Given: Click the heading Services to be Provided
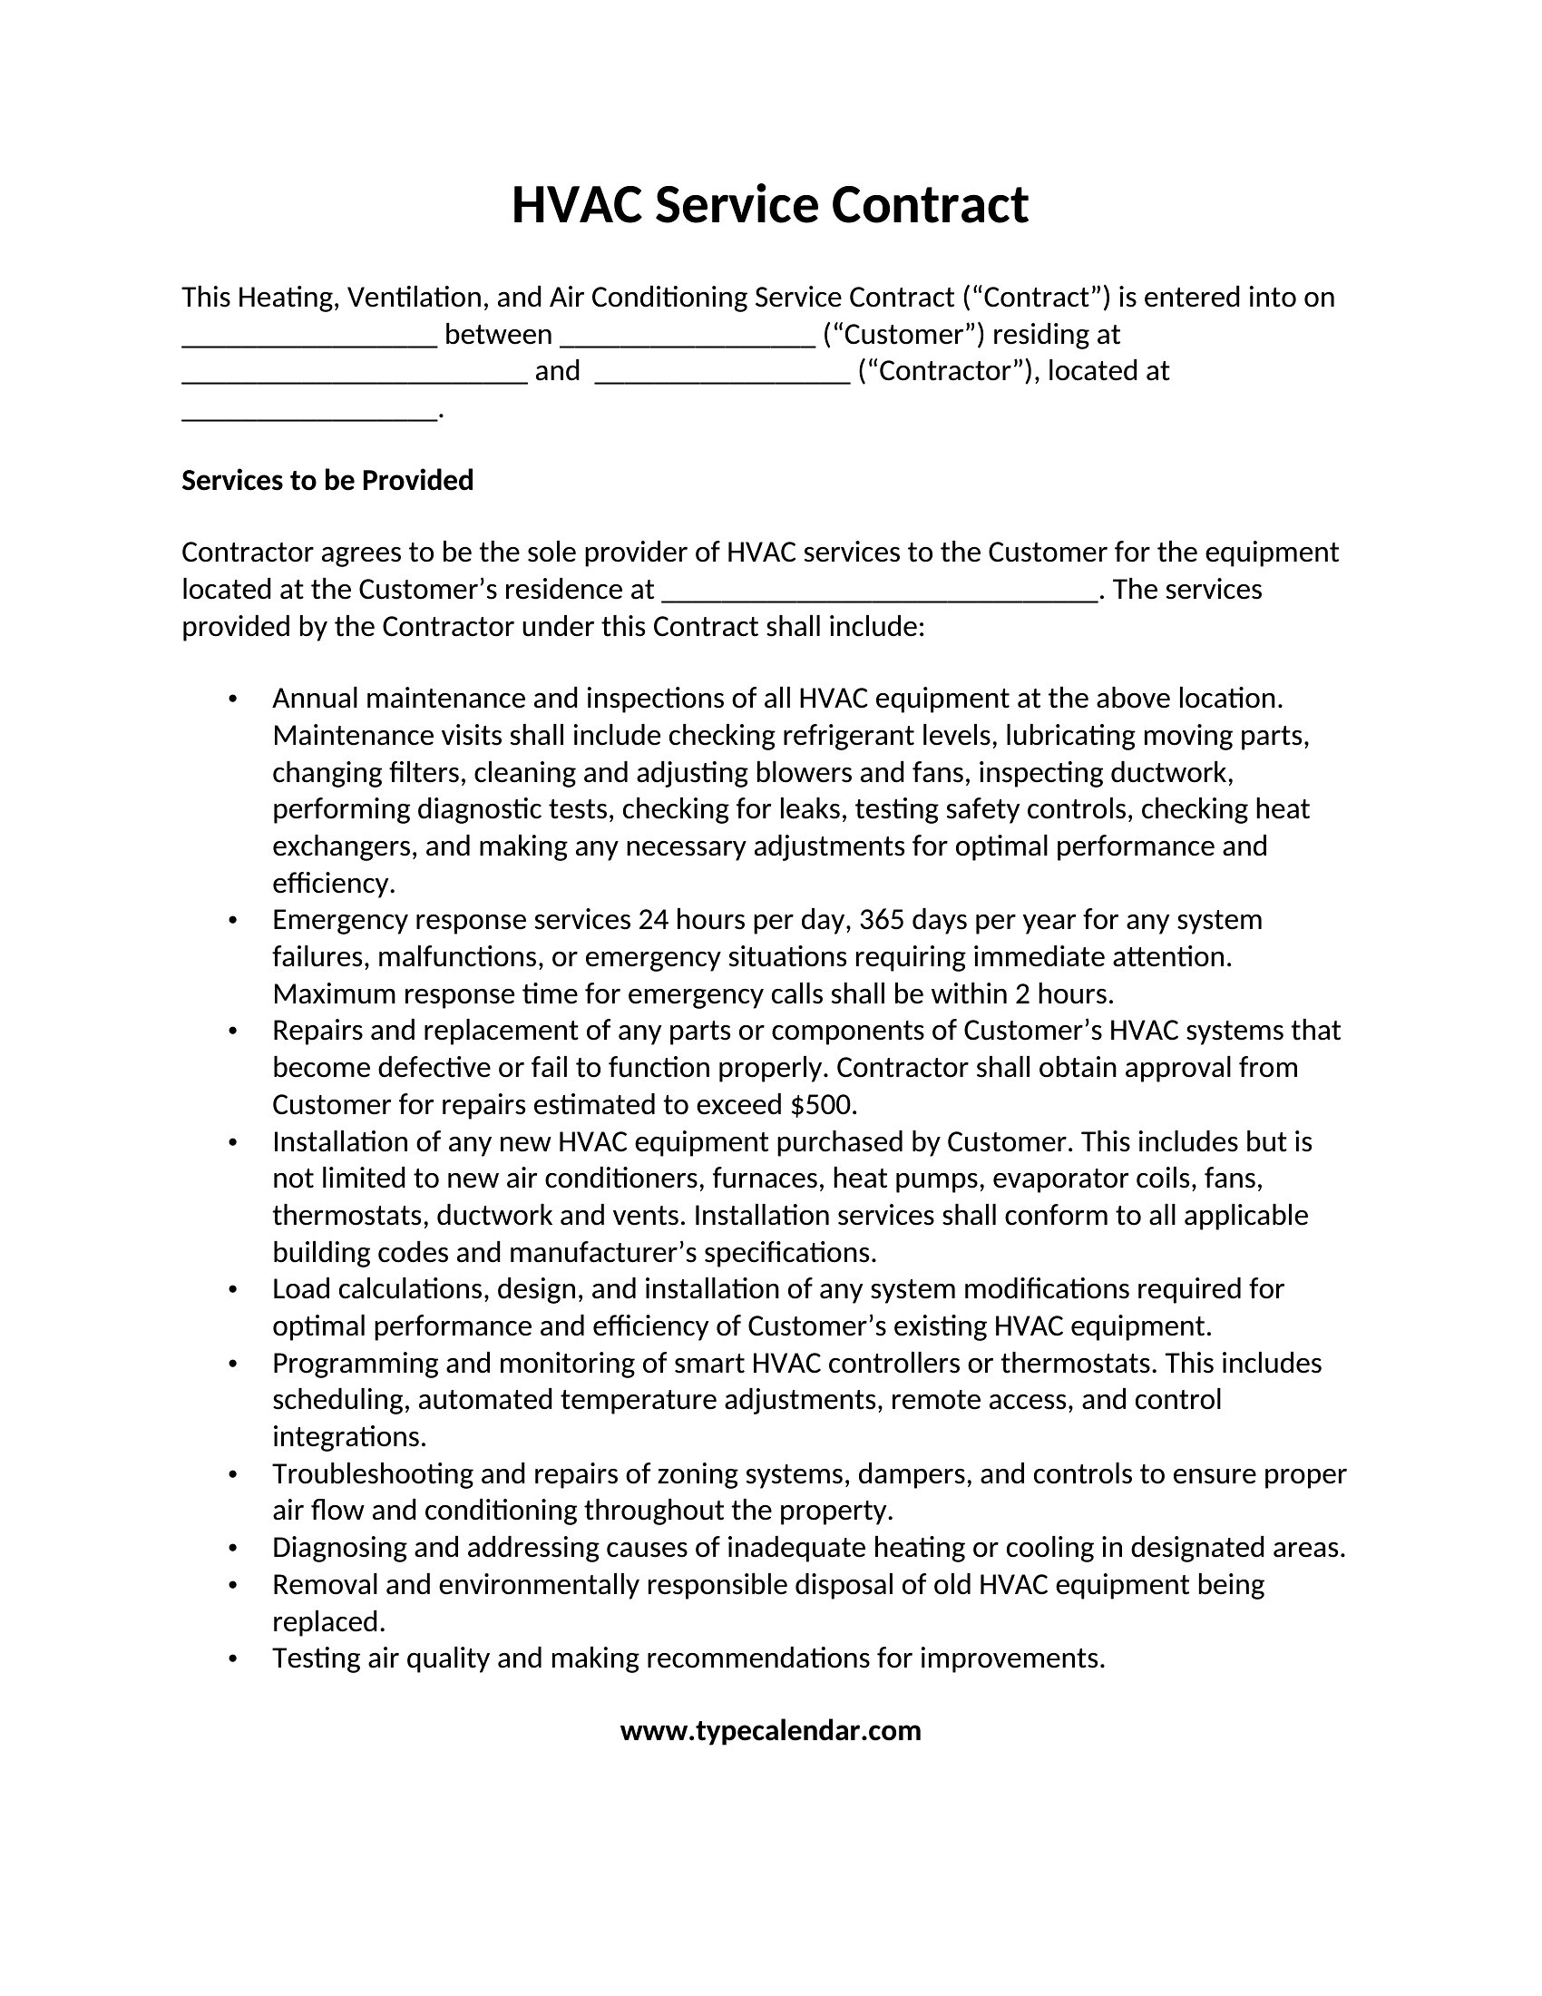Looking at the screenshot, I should pyautogui.click(x=327, y=480).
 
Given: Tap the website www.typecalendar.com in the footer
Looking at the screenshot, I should pyautogui.click(x=770, y=1730).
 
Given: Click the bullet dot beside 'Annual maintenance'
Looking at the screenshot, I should pyautogui.click(x=233, y=700).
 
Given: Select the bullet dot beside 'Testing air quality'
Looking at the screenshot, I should pyautogui.click(x=233, y=1658).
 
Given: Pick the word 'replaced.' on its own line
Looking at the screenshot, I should pyautogui.click(x=329, y=1621).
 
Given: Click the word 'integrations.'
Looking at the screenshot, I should pyautogui.click(x=349, y=1437).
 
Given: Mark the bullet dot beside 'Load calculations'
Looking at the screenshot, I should pyautogui.click(x=233, y=1289).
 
